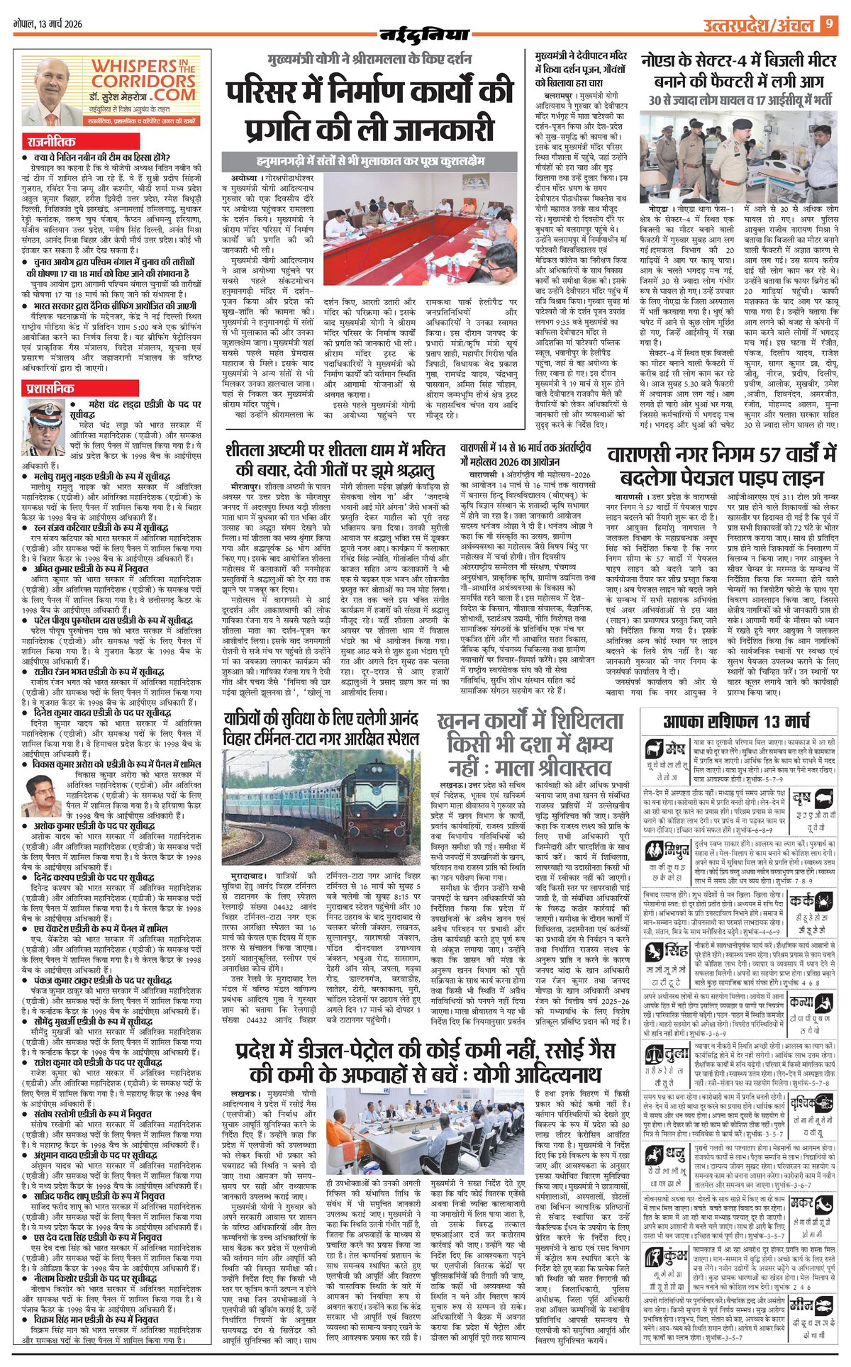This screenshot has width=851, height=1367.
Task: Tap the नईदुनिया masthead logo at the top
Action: click(425, 33)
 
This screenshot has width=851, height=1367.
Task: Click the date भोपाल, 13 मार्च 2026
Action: click(48, 24)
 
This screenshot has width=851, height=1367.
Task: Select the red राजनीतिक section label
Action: click(51, 142)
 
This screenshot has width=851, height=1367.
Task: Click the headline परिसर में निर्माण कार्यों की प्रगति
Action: click(369, 111)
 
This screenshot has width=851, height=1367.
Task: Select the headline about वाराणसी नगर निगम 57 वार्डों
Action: click(722, 464)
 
